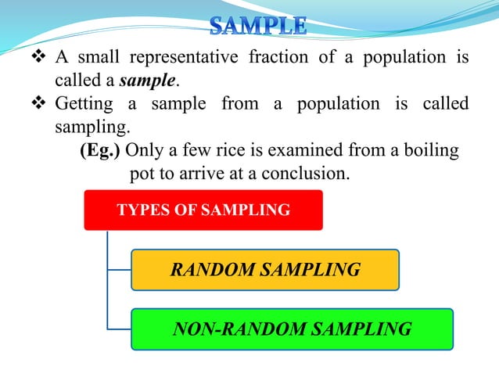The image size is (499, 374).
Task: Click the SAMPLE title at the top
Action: [257, 26]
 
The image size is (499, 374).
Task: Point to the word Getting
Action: [83, 104]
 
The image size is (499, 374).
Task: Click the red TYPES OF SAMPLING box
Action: [203, 210]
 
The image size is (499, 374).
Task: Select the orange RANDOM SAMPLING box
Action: [265, 270]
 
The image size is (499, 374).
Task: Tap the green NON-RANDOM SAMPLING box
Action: [292, 329]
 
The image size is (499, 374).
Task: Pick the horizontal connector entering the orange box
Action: [118, 270]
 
